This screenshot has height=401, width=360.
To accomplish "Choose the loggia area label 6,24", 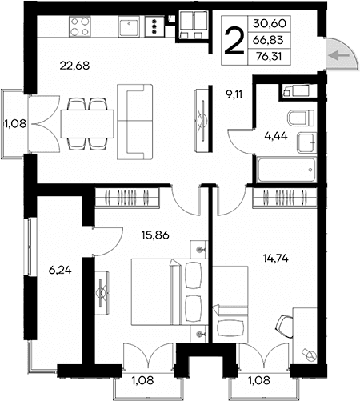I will (x=58, y=271).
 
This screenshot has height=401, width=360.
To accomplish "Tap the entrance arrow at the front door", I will (x=337, y=55).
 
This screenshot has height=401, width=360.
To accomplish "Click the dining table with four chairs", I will (x=86, y=122).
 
